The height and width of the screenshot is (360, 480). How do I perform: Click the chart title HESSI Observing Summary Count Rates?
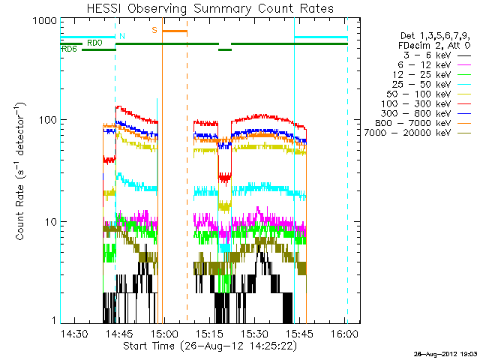(x=204, y=8)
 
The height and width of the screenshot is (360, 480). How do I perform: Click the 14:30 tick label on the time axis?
(x=73, y=334)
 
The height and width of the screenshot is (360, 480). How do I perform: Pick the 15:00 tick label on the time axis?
(x=164, y=334)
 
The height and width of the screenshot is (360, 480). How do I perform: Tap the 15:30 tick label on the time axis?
(x=255, y=334)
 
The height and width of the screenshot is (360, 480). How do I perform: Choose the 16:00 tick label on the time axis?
(x=345, y=334)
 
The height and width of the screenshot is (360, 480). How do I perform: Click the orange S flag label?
(x=154, y=31)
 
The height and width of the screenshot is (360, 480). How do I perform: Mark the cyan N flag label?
(x=122, y=36)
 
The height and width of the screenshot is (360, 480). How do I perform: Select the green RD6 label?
(x=68, y=49)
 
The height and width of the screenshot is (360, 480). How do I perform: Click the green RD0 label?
(x=94, y=43)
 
